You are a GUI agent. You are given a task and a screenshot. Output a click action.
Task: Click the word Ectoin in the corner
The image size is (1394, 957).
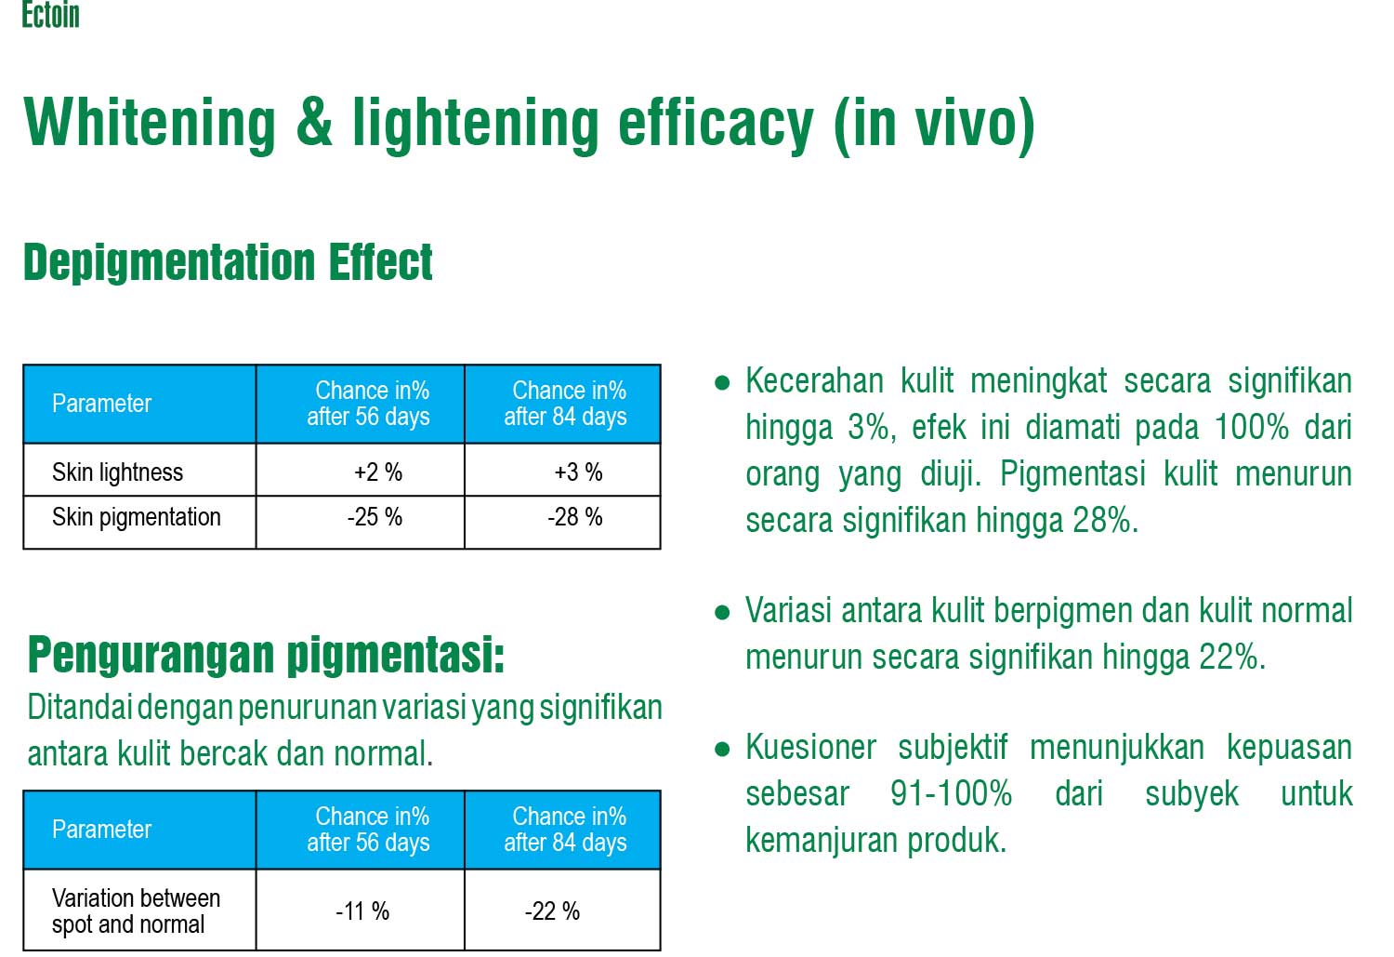(x=50, y=14)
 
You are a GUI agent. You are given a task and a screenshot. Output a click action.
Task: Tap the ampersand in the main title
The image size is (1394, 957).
(x=314, y=122)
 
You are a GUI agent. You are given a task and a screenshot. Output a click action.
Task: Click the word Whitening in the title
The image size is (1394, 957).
(x=150, y=124)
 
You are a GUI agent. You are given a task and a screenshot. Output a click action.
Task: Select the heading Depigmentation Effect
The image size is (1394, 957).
(x=228, y=263)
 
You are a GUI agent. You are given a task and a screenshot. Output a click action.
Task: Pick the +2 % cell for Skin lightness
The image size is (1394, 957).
(x=378, y=472)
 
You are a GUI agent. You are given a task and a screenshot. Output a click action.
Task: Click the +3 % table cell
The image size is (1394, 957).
(x=578, y=472)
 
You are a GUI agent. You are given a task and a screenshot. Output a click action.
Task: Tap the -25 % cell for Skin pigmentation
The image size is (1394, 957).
(x=375, y=517)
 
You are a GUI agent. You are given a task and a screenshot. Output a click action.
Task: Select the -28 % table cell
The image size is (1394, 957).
(x=575, y=517)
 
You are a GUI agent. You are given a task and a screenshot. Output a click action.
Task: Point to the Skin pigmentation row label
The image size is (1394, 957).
(x=137, y=518)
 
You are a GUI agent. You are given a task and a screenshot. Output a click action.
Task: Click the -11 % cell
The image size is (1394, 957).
(x=362, y=911)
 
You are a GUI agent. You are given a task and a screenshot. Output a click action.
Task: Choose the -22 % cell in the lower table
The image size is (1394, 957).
(x=553, y=911)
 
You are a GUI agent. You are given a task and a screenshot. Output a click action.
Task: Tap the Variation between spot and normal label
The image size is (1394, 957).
(x=137, y=911)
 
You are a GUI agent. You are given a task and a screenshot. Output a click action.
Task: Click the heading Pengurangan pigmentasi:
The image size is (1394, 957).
(x=267, y=656)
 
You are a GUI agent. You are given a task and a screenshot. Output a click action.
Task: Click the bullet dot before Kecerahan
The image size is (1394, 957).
(x=722, y=382)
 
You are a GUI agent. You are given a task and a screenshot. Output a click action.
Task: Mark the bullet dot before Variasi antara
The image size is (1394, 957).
(x=722, y=613)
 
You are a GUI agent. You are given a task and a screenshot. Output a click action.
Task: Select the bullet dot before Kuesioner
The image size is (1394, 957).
(x=722, y=749)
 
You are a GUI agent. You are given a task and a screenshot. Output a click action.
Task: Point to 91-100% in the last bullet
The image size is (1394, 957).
(x=951, y=794)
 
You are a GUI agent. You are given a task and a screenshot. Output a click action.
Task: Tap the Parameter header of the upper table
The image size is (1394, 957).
(x=101, y=404)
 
